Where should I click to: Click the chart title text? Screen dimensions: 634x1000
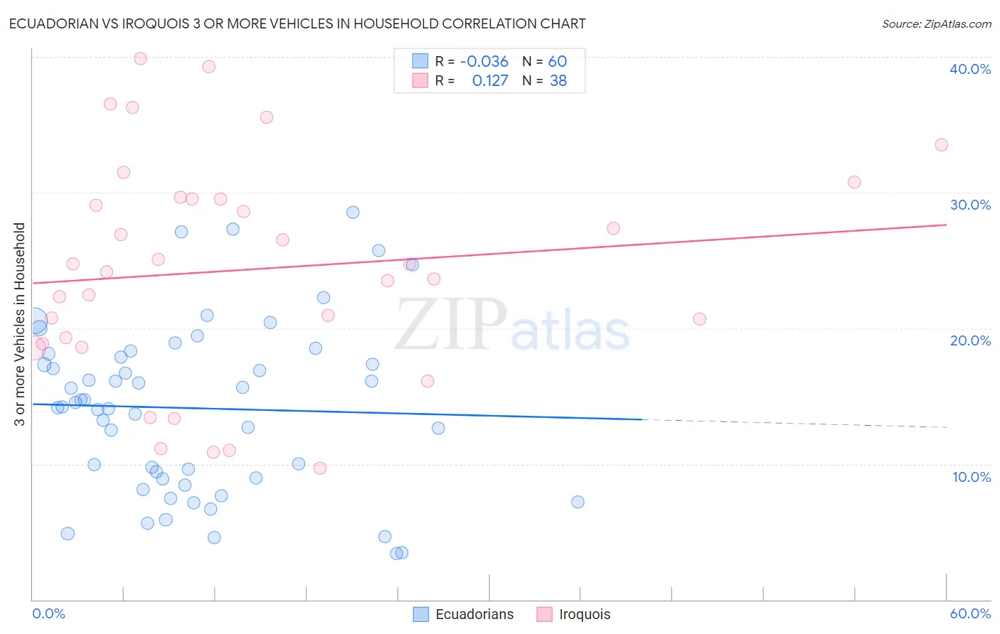tap(297, 23)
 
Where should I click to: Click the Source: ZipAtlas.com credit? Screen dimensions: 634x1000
tap(936, 24)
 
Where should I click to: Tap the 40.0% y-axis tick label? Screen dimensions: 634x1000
tap(970, 69)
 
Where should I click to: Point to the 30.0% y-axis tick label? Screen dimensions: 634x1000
tap(970, 205)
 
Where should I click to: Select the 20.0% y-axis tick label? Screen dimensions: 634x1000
tap(970, 340)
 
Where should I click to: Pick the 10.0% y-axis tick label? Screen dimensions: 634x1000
tap(972, 477)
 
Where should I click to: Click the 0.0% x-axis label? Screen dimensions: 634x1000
tap(48, 613)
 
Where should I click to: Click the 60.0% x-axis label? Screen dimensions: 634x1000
tap(970, 613)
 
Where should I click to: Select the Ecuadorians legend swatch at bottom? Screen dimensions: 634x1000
tap(421, 614)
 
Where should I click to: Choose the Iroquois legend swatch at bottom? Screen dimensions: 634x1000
tap(545, 614)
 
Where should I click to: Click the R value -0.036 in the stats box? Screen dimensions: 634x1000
tap(484, 62)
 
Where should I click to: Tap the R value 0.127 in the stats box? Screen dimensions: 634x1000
tap(490, 81)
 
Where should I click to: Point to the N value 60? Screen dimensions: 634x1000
tap(558, 62)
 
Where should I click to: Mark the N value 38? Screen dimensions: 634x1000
tap(558, 81)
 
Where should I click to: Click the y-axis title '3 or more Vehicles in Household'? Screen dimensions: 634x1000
tap(20, 324)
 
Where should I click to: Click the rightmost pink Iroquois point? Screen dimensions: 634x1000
tap(941, 145)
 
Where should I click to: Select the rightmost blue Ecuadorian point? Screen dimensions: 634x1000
tap(578, 502)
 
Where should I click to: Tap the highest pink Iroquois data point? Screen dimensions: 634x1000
tap(140, 58)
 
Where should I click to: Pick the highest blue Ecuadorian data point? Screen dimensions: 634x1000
tap(353, 213)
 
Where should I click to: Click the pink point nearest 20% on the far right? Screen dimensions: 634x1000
tap(699, 319)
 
